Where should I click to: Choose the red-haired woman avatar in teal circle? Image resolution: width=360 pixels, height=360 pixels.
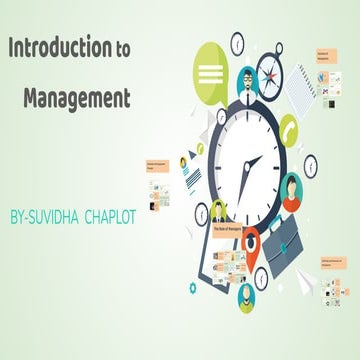(291, 187)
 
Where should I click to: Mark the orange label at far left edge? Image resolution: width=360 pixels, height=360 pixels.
(156, 165)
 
